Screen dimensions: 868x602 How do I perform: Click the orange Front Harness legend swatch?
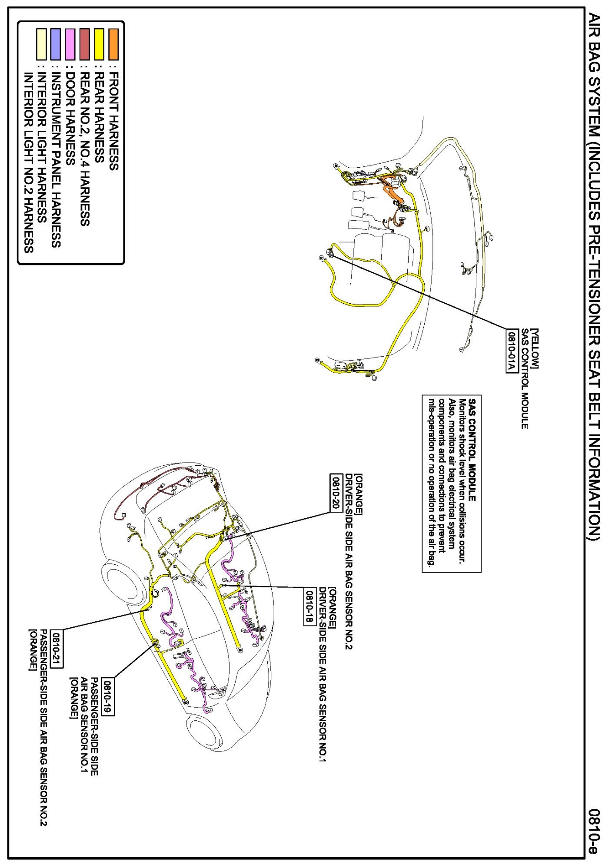click(113, 44)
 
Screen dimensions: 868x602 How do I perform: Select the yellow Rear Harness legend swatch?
click(99, 44)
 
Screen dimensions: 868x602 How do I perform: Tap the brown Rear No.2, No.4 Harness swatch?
click(84, 44)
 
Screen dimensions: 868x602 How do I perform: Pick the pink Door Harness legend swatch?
click(70, 44)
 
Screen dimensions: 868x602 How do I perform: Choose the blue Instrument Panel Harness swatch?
click(55, 44)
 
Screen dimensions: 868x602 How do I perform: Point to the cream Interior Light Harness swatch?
click(41, 44)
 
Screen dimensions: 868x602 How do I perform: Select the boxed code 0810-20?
click(336, 492)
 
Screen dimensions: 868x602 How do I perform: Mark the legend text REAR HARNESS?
click(99, 117)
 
